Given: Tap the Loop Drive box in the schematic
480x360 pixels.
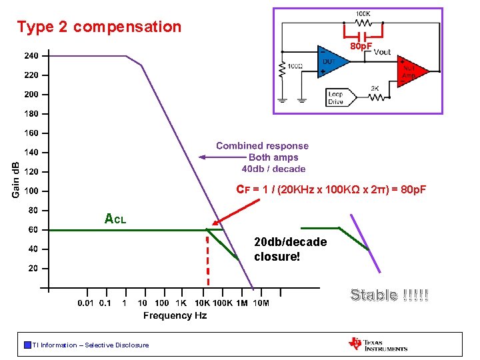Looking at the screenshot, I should pos(335,97).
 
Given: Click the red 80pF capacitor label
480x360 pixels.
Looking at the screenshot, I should pos(361,46).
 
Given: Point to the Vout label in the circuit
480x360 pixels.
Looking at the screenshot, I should pos(383,52).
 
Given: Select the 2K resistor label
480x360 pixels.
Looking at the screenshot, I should pos(376,87).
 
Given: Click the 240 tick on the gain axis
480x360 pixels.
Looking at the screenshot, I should pos(31,56).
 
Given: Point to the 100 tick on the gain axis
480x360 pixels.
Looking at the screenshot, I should pos(31,191).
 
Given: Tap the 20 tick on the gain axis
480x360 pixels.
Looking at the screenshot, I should pos(32,269).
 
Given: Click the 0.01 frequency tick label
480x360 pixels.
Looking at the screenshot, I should pos(85,303).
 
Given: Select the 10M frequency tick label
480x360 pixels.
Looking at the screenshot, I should pos(261,303).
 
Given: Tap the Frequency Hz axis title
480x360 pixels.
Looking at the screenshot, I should pos(175,316).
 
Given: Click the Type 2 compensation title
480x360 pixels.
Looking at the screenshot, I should pos(99,27).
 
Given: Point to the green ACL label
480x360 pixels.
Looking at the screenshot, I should pos(115,218).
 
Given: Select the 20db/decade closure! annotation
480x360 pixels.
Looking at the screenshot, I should pos(290,249).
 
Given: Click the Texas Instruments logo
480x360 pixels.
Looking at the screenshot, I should pos(377,344).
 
